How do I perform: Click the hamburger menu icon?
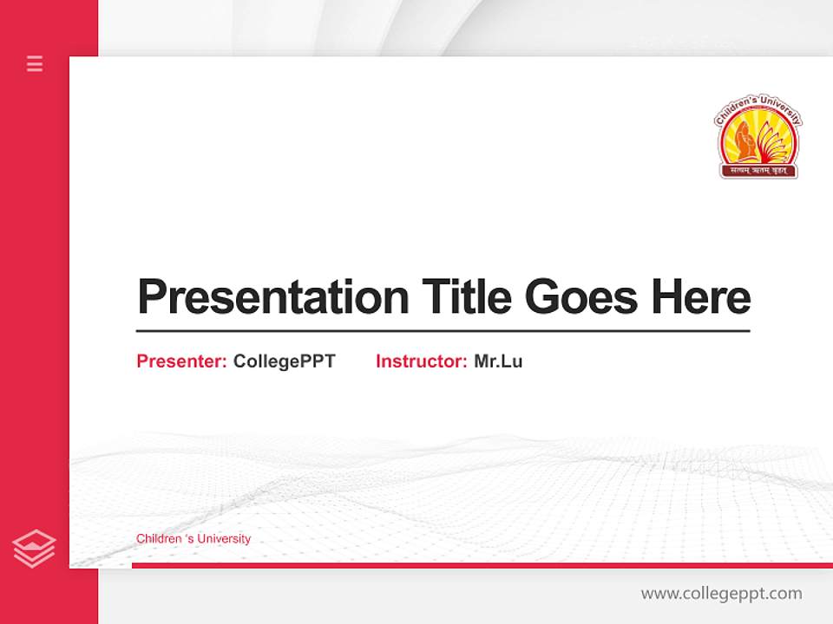[x=35, y=63]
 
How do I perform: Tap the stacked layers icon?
[x=34, y=549]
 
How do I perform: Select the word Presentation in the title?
[x=272, y=297]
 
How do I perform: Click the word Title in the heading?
[x=466, y=296]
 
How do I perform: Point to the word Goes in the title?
[x=581, y=296]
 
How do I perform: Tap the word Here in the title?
[x=700, y=296]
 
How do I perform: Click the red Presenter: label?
[x=181, y=361]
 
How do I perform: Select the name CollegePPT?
[x=284, y=361]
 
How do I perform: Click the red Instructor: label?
[x=421, y=361]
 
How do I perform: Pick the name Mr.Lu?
[x=498, y=361]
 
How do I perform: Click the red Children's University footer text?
[x=193, y=538]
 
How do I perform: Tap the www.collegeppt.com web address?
[x=721, y=594]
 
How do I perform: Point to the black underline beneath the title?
[x=443, y=330]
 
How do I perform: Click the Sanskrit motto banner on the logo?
[x=758, y=171]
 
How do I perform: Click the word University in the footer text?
[x=224, y=538]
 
